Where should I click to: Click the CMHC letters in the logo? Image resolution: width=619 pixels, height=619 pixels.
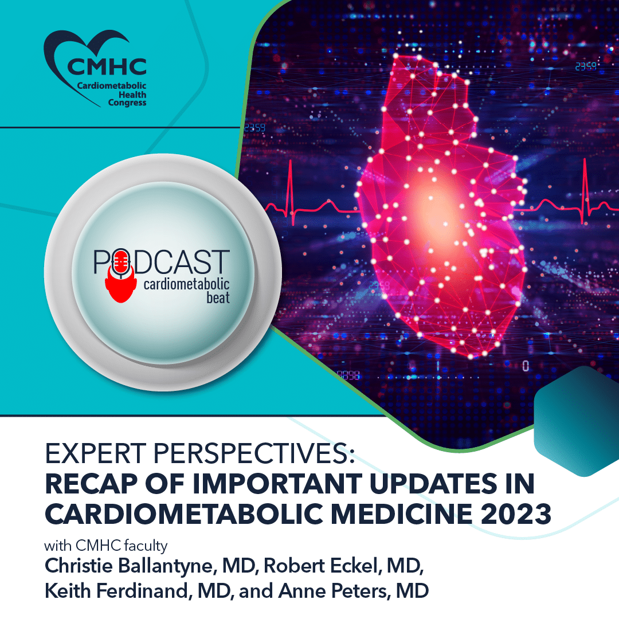[x=107, y=66]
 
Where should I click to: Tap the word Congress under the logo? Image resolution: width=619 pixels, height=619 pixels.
[x=127, y=103]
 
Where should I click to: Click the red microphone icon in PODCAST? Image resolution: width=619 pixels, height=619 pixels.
[x=120, y=264]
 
